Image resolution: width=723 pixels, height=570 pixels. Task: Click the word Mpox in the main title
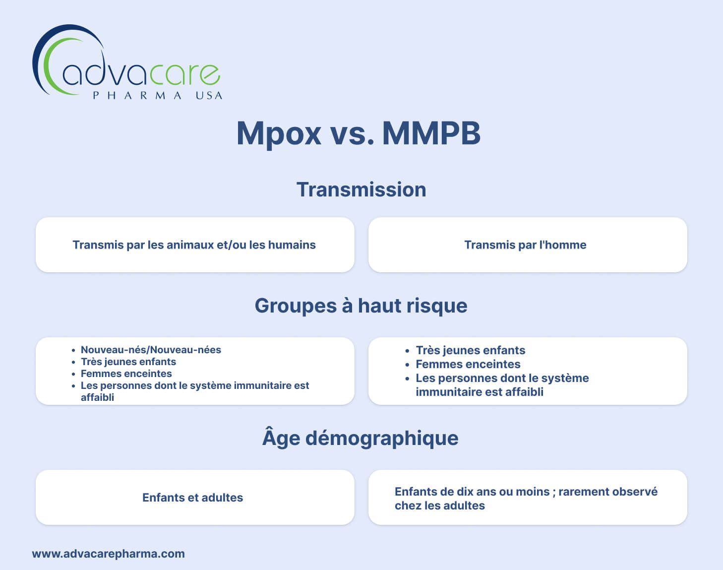coord(279,134)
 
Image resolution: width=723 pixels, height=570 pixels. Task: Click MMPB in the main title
coord(431,133)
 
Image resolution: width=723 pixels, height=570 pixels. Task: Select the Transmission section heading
coord(361,190)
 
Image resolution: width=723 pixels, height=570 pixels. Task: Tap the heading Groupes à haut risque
coord(361,306)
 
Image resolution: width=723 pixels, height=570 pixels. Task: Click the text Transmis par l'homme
coord(525,245)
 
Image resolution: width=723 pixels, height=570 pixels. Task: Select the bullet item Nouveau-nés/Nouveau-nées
coord(151,350)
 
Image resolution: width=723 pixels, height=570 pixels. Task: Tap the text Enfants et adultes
coord(192,498)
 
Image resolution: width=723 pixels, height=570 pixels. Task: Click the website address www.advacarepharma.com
coord(108,554)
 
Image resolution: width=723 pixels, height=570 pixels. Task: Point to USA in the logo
coord(209,95)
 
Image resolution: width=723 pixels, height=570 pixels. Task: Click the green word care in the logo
coord(184,74)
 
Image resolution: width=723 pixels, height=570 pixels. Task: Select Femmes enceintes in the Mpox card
coord(126,374)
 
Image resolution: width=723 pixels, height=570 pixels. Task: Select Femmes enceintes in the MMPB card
coord(468,364)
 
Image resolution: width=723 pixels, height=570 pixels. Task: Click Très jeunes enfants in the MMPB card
coord(471,350)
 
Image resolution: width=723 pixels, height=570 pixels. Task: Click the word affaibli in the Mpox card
coord(97,397)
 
